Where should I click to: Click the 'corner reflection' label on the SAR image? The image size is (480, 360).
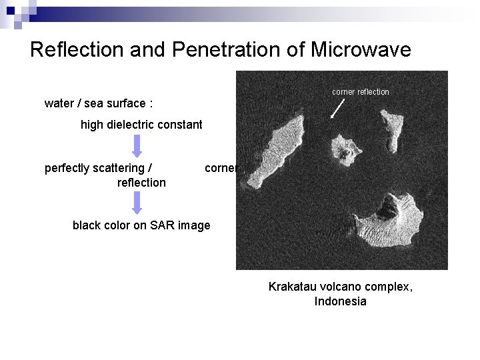tap(360, 92)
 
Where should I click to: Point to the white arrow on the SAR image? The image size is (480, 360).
tap(338, 108)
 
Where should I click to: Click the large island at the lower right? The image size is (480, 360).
tap(390, 223)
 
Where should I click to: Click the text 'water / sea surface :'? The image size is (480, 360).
tap(99, 103)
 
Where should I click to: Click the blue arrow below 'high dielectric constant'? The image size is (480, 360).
tap(137, 145)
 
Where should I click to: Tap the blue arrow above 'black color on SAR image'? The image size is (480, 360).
tap(137, 202)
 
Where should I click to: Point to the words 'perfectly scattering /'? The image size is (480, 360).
tap(98, 168)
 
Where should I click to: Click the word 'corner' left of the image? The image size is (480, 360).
tap(220, 168)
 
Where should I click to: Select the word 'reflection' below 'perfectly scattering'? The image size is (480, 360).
tap(141, 183)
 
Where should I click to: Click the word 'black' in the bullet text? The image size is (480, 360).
tap(87, 225)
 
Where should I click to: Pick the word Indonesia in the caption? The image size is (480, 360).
tap(340, 301)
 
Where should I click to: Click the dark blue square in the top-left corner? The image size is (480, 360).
tap(10, 9)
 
